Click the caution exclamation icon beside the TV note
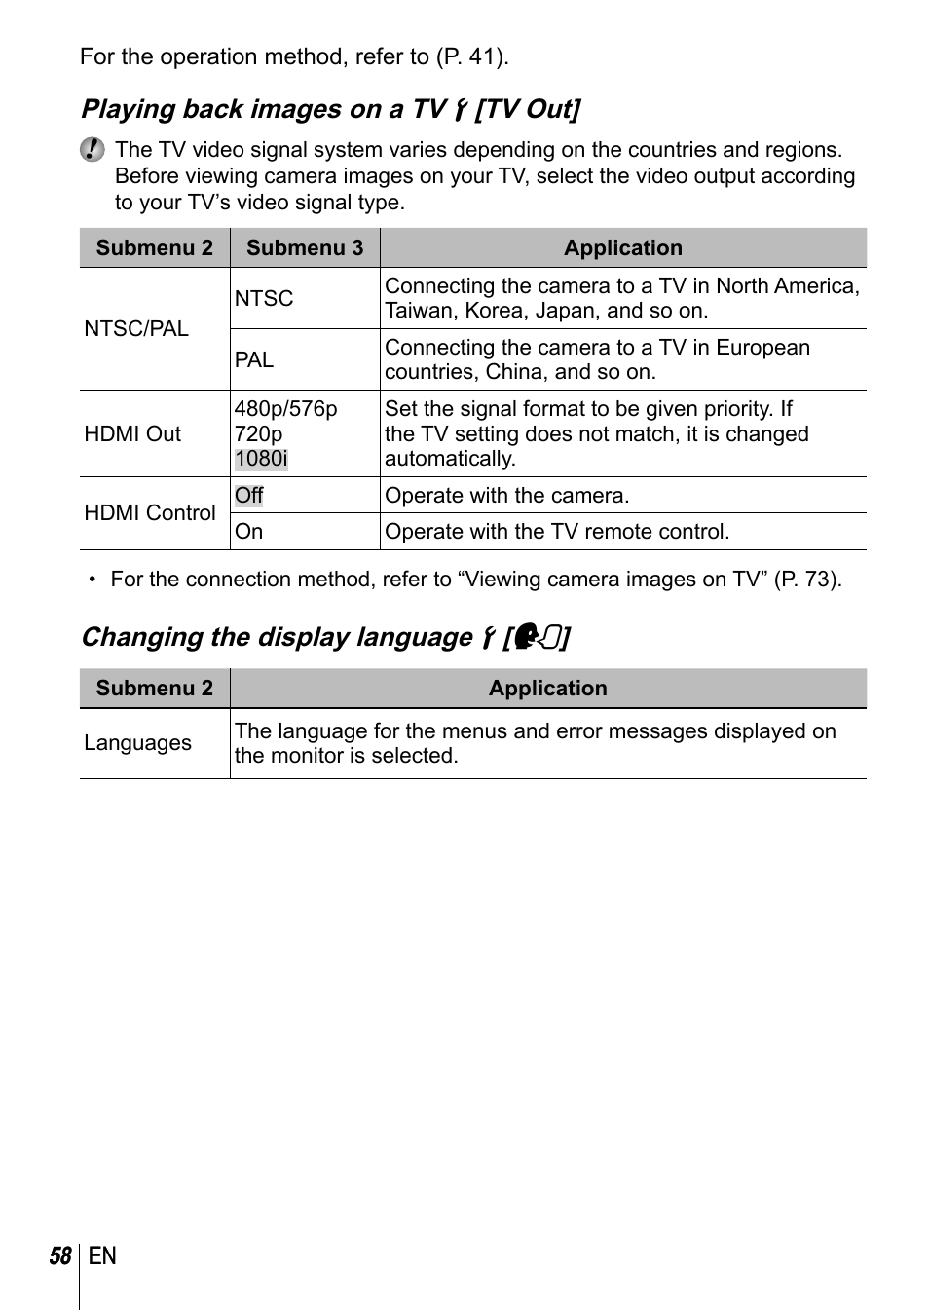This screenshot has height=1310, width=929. point(93,149)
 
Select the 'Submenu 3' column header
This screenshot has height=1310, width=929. point(305,248)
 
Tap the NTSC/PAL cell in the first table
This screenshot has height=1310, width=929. point(136,329)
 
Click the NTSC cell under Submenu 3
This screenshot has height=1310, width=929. point(264,299)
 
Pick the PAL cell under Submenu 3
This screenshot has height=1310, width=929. point(254,360)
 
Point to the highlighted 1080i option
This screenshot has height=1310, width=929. point(261,459)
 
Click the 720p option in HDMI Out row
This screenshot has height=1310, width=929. point(258,434)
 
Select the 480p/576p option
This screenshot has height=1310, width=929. point(285,409)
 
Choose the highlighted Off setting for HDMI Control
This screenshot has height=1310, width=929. point(249,496)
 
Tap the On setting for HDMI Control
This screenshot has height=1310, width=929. point(249,532)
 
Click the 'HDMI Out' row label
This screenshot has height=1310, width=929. point(132,434)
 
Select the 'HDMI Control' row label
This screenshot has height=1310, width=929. point(150,513)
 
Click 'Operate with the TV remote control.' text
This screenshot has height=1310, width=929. point(557,532)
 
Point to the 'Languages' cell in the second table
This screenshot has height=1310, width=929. point(137,743)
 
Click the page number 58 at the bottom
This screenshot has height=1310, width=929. point(60,1256)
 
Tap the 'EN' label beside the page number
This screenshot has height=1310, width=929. point(102,1256)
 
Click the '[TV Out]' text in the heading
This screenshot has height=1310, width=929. point(527,109)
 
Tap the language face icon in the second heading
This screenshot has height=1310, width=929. point(537,637)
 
